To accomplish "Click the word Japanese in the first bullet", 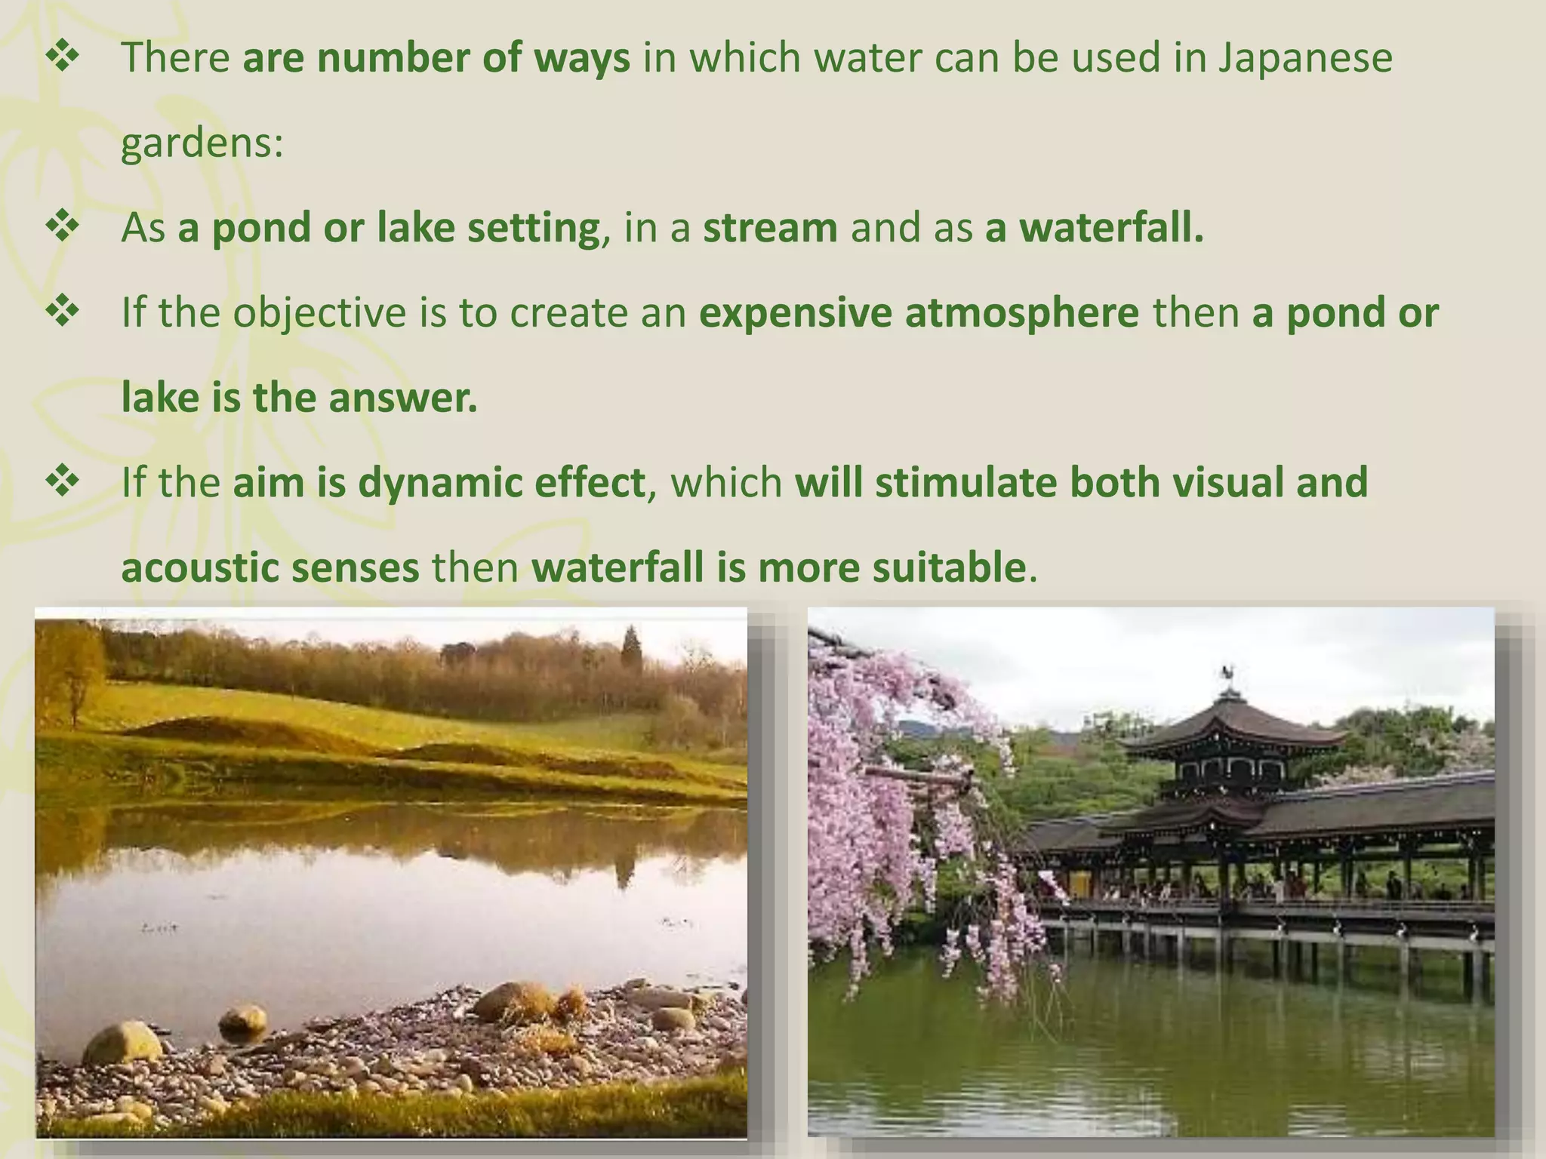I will pos(1305,59).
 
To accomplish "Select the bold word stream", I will pos(770,228).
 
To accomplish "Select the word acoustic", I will pos(199,567).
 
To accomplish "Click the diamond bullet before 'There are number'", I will pos(63,58).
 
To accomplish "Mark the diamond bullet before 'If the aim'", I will pos(63,482).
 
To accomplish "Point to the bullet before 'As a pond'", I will pos(63,227).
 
